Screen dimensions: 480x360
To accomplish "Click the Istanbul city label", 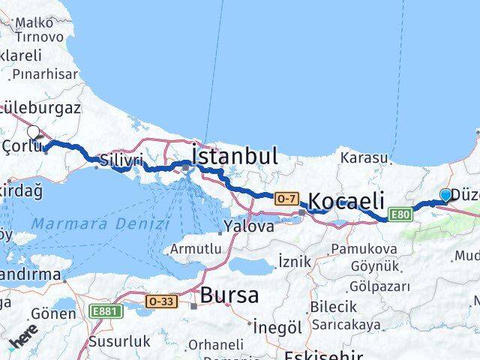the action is (x=235, y=157).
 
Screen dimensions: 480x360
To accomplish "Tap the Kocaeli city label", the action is (x=346, y=201).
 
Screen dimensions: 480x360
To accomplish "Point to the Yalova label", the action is (x=250, y=226).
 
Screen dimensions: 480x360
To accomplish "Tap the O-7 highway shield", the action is (x=286, y=199).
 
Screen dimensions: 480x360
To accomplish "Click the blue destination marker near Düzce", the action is (x=445, y=195).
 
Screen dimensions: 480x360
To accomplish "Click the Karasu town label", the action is (x=364, y=158).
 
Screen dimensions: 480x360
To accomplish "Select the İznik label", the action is (x=293, y=262).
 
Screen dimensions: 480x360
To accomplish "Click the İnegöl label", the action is (x=277, y=328).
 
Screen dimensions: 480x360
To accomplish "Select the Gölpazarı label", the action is (x=379, y=286).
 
